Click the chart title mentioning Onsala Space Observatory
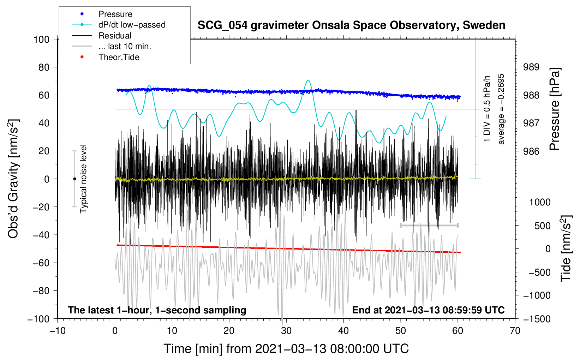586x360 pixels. pos(351,25)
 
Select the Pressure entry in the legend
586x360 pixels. pos(115,14)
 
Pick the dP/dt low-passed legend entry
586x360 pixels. pos(132,25)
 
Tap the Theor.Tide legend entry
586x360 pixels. pos(119,57)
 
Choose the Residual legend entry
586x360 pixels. pos(115,36)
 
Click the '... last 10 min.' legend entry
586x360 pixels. pos(125,46)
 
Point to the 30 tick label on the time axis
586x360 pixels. pos(286,331)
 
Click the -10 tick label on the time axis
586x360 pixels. pos(57,331)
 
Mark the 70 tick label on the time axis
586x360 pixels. pos(515,331)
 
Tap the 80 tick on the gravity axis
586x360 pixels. pos(44,67)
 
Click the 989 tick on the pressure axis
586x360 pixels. pos(531,67)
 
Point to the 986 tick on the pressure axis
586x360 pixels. pos(531,151)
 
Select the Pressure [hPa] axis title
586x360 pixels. pos(555,109)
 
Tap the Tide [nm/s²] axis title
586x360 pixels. pos(566,248)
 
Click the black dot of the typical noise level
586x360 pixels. pos(74,179)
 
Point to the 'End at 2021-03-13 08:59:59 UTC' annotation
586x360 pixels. pos(428,310)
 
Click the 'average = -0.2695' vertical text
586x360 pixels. pos(501,109)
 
